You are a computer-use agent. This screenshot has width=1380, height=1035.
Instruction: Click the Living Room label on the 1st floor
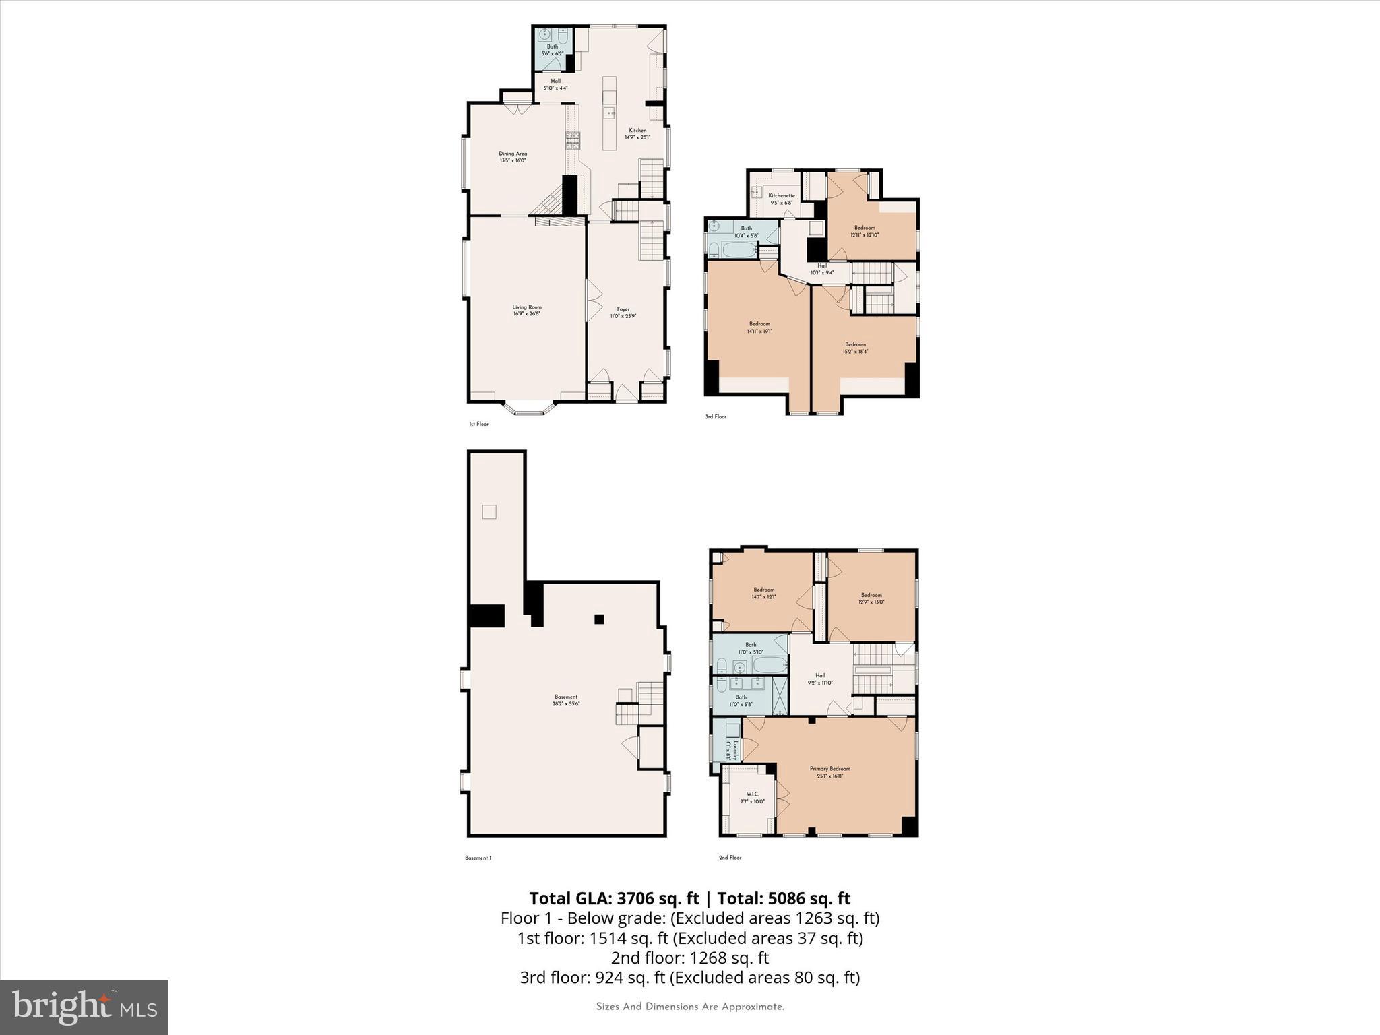[526, 310]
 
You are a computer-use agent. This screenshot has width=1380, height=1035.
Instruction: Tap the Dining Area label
[513, 157]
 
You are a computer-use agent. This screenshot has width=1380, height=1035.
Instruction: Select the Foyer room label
[623, 313]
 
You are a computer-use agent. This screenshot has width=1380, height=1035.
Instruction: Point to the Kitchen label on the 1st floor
[637, 133]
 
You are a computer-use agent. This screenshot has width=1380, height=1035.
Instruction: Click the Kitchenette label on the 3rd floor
[782, 199]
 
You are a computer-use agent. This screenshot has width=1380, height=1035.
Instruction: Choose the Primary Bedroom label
[829, 772]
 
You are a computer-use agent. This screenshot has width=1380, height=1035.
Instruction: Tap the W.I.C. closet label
[753, 797]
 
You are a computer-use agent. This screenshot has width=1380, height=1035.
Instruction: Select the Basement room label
[566, 700]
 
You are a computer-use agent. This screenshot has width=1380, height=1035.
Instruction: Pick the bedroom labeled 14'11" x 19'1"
[759, 327]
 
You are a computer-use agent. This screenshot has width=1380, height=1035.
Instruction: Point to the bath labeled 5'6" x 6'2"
[552, 50]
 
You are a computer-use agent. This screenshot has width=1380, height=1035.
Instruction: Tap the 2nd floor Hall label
[820, 679]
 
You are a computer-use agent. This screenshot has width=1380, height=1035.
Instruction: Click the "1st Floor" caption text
[478, 424]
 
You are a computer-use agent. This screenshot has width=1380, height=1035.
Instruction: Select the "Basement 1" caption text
[478, 858]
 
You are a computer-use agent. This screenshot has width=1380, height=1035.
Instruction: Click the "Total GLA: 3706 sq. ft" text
[614, 898]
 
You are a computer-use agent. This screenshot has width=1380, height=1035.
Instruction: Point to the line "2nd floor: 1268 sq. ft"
[689, 958]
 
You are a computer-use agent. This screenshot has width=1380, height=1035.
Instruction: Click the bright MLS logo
[84, 1007]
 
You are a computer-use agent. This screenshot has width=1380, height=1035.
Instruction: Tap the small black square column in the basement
[598, 619]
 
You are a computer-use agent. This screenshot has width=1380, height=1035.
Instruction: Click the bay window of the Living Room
[529, 410]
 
